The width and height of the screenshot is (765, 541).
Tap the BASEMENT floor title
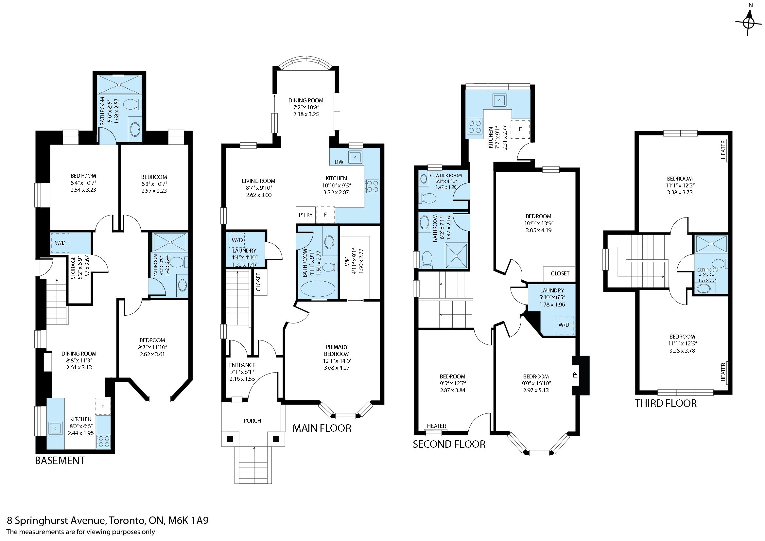[x=60, y=461]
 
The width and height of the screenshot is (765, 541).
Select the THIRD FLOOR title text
[x=666, y=403]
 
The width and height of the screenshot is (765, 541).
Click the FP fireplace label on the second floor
[x=575, y=375]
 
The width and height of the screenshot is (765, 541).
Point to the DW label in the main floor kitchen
[x=339, y=162]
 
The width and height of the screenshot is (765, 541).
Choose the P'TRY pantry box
[x=305, y=215]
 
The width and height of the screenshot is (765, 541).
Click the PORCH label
[x=252, y=421]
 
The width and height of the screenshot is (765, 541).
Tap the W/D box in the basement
[x=60, y=242]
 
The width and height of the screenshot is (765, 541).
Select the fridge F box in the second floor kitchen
[x=520, y=129]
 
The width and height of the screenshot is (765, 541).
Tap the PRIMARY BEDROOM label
[x=337, y=350]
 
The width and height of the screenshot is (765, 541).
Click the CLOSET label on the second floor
[x=560, y=273]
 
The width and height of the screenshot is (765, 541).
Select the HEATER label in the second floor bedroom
[x=437, y=426]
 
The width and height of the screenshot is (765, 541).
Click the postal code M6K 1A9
[x=189, y=521]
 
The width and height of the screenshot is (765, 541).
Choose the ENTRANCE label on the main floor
[x=242, y=365]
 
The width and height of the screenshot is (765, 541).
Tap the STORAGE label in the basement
[x=73, y=268]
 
